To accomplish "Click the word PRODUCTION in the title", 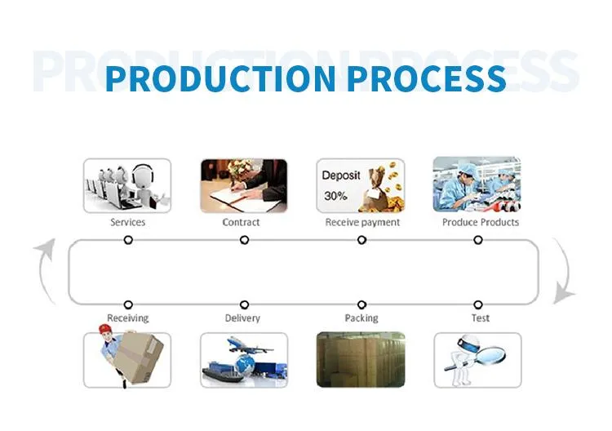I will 219,79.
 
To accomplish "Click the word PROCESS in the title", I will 425,79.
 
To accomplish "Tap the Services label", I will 128,222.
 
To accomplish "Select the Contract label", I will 242,222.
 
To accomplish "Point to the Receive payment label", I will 362,222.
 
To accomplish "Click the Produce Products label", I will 481,222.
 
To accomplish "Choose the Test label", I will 481,318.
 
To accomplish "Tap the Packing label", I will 361,318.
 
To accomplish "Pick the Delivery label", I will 242,318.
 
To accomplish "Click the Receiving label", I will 128,318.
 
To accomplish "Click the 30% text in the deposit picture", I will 335,196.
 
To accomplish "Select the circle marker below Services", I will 128,240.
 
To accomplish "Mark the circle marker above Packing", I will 361,304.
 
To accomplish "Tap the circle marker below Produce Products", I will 478,240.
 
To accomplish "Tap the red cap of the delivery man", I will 104,330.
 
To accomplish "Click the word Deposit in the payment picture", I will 341,175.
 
